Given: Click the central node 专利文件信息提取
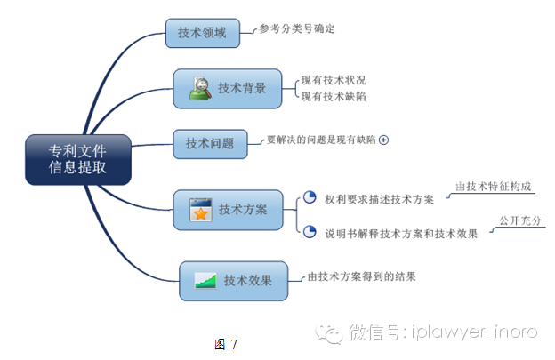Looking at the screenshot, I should (78, 159).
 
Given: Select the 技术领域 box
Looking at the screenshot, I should (202, 33).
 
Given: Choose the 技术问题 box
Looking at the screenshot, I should (209, 143).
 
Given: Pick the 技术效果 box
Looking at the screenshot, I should (233, 280).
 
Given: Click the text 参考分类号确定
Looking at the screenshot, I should (296, 29).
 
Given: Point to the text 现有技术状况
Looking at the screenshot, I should (334, 80).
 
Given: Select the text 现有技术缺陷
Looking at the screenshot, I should (334, 96).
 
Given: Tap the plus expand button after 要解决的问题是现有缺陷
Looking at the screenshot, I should (384, 140).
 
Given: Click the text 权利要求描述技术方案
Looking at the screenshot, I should (379, 200).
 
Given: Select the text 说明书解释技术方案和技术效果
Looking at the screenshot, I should (401, 234).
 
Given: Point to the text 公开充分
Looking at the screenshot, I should (520, 220).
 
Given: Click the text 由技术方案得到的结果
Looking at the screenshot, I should (361, 276).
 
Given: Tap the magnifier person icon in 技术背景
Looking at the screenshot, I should (200, 88).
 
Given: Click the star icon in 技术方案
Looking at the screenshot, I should (201, 211).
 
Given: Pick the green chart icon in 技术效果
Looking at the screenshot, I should (206, 281).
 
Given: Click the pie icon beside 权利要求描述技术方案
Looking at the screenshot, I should (310, 197).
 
